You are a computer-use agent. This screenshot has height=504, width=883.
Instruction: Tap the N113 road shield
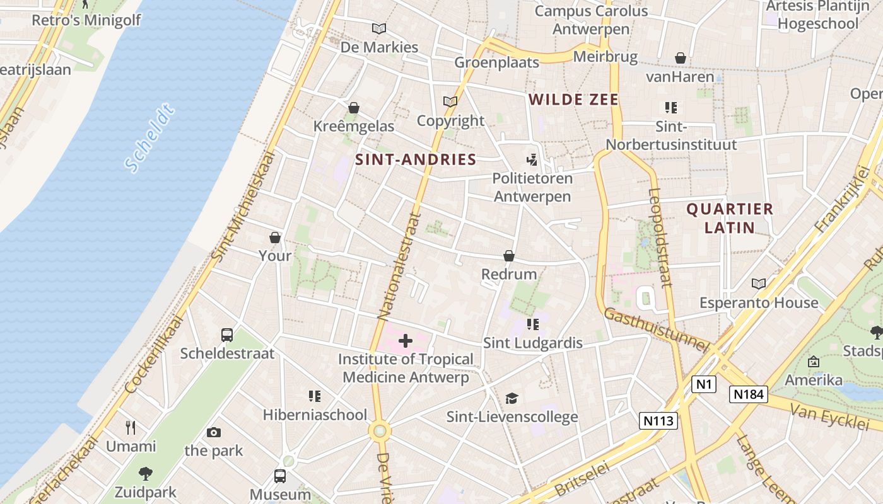click(x=658, y=420)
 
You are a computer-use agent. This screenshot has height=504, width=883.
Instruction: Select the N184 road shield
click(x=749, y=394)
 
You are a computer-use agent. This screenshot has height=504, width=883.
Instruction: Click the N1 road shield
click(x=703, y=384)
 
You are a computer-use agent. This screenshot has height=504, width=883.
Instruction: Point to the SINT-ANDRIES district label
click(x=416, y=159)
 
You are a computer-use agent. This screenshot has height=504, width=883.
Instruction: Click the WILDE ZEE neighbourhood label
click(x=574, y=100)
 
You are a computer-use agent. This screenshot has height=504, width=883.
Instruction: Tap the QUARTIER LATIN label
click(x=730, y=218)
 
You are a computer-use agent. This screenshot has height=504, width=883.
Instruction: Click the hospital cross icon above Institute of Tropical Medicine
click(x=406, y=341)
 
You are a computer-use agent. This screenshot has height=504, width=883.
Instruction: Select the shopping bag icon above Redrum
click(x=509, y=256)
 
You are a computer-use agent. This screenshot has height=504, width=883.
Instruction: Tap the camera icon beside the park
click(x=214, y=432)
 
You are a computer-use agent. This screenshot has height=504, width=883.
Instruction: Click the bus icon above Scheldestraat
click(x=227, y=335)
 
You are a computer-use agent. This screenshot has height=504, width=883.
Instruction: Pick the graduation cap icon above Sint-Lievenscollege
click(x=512, y=398)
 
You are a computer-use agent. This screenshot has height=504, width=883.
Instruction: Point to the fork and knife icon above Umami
click(x=131, y=428)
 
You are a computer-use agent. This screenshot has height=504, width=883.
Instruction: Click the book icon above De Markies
click(x=379, y=28)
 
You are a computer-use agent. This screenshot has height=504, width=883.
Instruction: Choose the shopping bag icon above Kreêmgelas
click(x=354, y=108)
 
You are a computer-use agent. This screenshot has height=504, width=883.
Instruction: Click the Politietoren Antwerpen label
click(x=532, y=187)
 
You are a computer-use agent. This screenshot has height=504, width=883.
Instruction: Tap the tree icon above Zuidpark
click(x=146, y=473)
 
